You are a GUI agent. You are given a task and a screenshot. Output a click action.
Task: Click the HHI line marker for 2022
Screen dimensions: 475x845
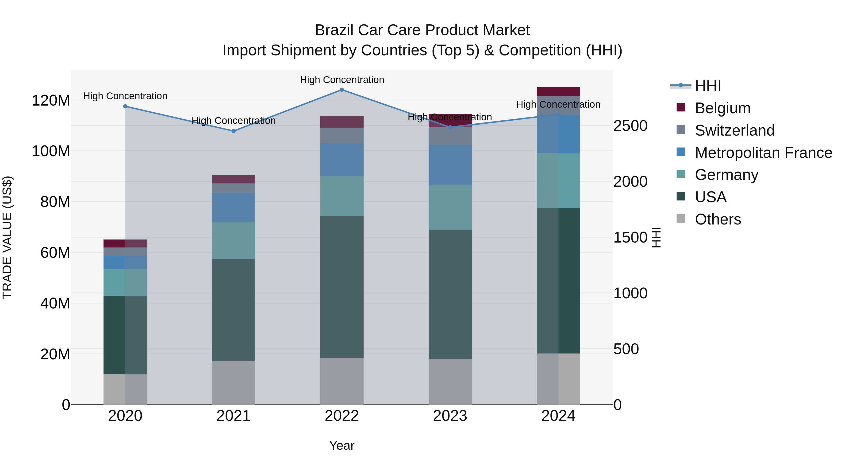(x=342, y=90)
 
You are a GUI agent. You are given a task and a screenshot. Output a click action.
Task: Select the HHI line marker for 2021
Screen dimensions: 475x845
(x=233, y=131)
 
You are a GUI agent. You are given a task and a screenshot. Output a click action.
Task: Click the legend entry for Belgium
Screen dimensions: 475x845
(x=722, y=108)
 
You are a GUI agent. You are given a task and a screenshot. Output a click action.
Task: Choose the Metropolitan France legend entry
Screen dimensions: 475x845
(x=763, y=153)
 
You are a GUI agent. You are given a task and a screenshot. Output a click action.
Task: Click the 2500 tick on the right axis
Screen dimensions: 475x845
(x=630, y=126)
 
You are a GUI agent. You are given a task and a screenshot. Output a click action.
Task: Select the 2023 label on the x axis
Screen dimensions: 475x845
(x=450, y=416)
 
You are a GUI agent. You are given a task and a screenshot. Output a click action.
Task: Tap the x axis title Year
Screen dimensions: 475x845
(x=342, y=445)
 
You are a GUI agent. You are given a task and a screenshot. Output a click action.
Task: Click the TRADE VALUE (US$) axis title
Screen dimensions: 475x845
(x=8, y=237)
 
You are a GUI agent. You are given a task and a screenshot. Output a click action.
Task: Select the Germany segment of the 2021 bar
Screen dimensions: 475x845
(x=233, y=240)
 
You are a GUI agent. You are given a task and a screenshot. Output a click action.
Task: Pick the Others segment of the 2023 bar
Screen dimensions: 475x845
(x=450, y=382)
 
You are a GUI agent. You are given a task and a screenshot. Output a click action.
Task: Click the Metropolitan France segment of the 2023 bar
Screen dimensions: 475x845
(x=450, y=165)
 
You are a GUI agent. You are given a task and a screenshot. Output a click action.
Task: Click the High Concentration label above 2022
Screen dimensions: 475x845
(x=342, y=80)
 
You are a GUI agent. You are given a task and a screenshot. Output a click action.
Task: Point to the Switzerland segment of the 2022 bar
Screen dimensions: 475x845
(x=342, y=135)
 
